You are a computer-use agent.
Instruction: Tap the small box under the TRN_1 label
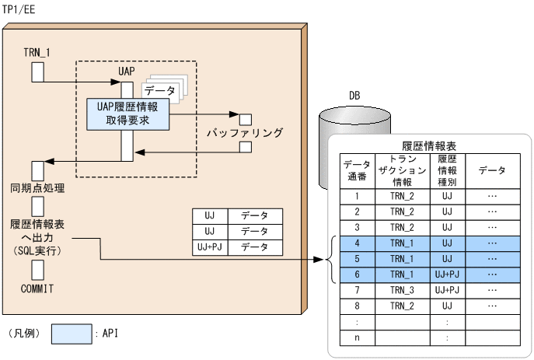tap(37, 72)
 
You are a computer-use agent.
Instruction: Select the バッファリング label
tap(244, 133)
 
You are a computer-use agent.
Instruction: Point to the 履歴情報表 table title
tap(428, 145)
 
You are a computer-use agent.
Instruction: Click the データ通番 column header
tap(357, 170)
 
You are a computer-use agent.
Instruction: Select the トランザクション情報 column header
tap(407, 170)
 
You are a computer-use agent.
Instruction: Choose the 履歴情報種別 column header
tap(446, 170)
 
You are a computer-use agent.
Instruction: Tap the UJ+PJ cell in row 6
tap(446, 274)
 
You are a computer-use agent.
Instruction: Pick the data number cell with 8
tap(357, 305)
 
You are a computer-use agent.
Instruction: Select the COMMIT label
tap(37, 289)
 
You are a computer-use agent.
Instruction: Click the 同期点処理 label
tap(37, 188)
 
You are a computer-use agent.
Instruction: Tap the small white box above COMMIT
tap(37, 269)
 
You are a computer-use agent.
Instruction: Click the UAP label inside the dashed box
tap(127, 71)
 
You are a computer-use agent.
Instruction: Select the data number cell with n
tap(357, 337)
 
